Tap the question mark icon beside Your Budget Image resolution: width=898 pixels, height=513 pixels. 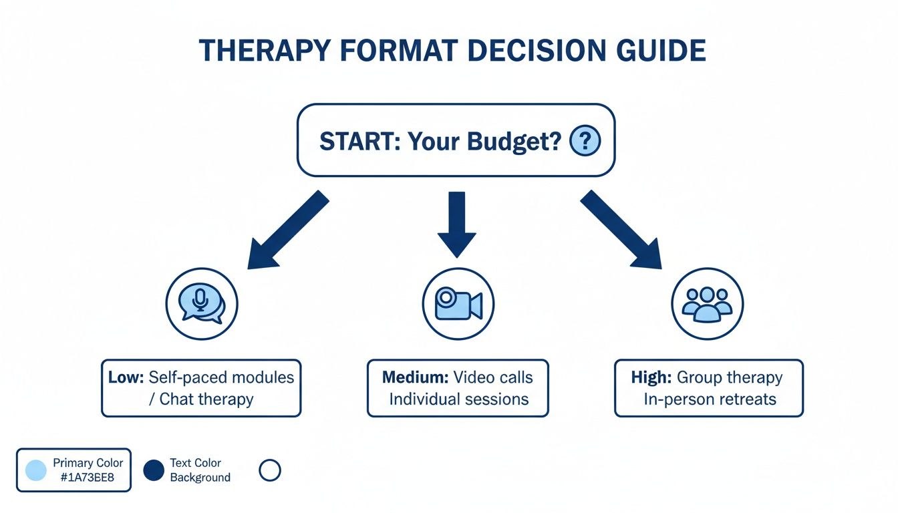(585, 141)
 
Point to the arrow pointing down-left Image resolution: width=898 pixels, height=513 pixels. (287, 230)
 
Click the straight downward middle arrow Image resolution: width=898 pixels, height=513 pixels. (456, 224)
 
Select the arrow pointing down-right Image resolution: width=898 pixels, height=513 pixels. (621, 230)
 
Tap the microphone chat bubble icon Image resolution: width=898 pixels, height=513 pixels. (202, 305)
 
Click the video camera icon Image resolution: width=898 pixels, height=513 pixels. (458, 305)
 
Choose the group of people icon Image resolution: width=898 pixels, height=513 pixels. (707, 305)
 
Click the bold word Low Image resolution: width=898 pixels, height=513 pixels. (126, 377)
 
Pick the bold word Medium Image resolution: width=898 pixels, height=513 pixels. (415, 377)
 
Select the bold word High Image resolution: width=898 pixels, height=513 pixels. (651, 377)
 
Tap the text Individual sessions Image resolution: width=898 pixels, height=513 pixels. (458, 399)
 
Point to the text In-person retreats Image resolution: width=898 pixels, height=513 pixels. (710, 399)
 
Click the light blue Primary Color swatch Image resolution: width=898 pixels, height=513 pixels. (35, 470)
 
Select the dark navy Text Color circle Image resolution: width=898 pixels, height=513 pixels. (154, 470)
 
